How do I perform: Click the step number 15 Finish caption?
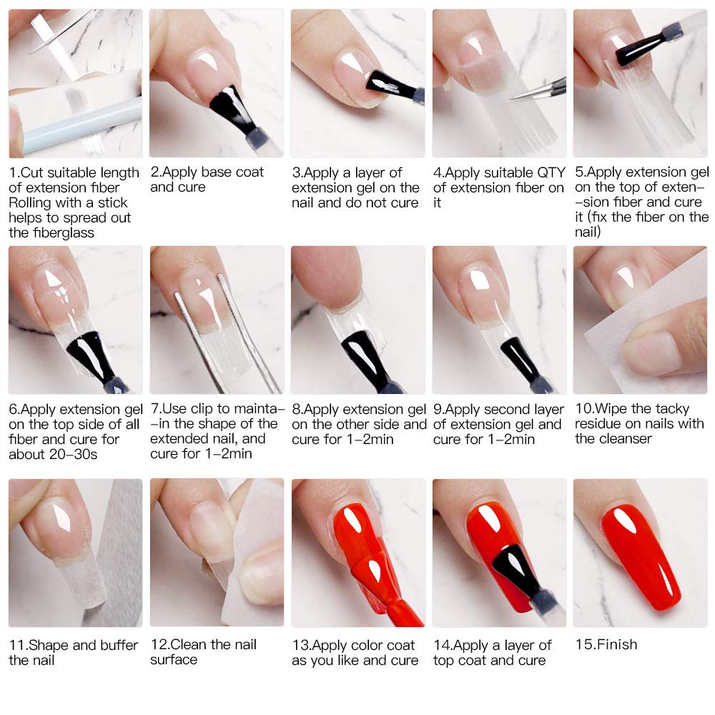pyautogui.click(x=606, y=644)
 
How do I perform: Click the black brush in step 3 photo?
pyautogui.click(x=390, y=86)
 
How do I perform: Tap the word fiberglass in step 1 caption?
pyautogui.click(x=56, y=232)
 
